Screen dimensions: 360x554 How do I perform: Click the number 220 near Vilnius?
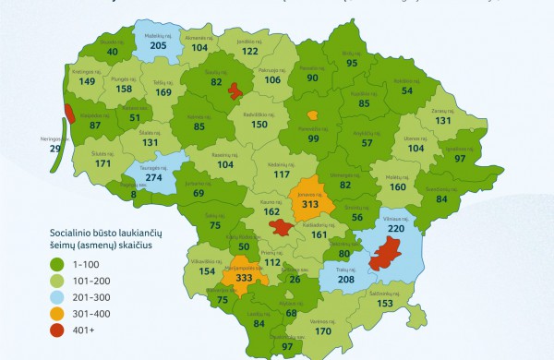point(396,227)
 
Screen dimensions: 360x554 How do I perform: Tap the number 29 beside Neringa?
point(30,149)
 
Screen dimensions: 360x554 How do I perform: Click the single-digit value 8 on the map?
point(134,194)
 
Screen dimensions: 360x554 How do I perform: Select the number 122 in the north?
point(249,52)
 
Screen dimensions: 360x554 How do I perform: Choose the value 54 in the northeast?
point(407,90)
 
